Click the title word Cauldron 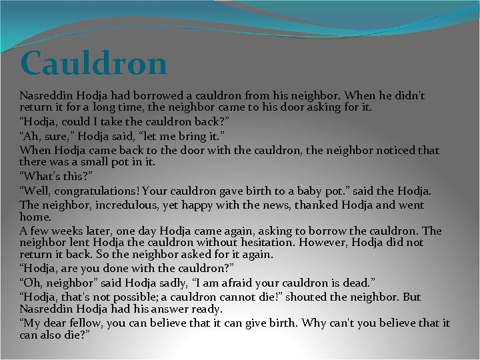[x=93, y=64]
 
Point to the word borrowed [x=159, y=95]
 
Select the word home [x=35, y=217]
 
